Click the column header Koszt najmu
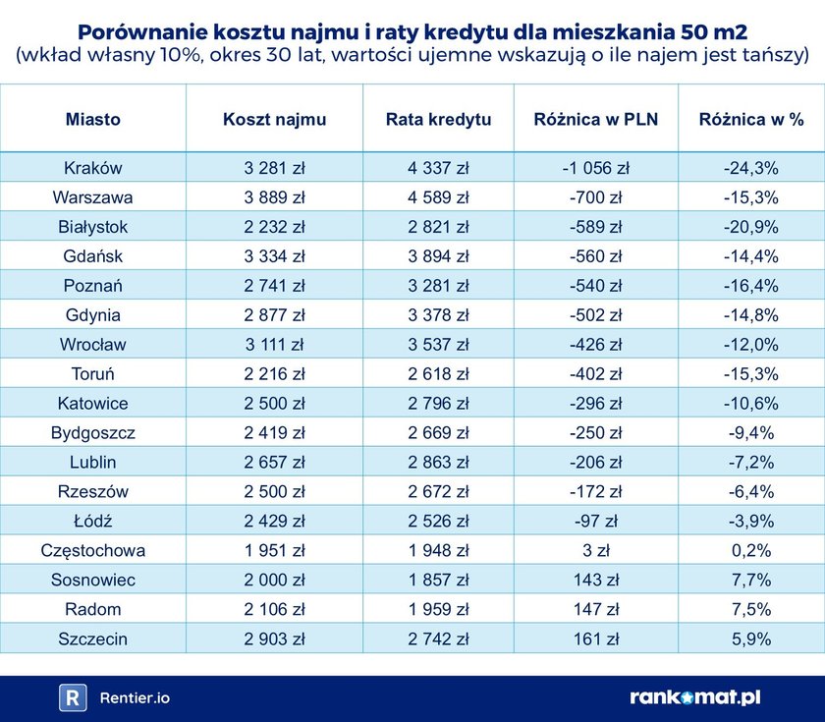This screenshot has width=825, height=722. [x=275, y=119]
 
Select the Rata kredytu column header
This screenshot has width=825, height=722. [x=439, y=119]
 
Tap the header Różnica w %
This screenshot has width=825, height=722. [x=751, y=119]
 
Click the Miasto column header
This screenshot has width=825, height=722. [x=93, y=119]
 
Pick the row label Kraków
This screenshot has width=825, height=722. [x=93, y=168]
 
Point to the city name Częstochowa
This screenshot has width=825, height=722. [x=93, y=550]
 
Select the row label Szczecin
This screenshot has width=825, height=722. [x=93, y=639]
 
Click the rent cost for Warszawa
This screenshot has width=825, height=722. [x=275, y=197]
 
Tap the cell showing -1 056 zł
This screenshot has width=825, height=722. [x=596, y=168]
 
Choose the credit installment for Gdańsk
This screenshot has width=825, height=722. [x=439, y=256]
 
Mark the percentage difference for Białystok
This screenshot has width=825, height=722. [x=751, y=227]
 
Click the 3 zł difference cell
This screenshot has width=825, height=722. [x=596, y=550]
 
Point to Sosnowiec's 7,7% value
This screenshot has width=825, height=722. [x=751, y=580]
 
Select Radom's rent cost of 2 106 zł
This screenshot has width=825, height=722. [x=275, y=609]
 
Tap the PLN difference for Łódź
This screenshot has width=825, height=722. [x=596, y=521]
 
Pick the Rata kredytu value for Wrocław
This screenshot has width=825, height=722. [x=439, y=345]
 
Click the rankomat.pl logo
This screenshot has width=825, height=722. [x=694, y=697]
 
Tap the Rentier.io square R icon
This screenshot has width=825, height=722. [x=73, y=697]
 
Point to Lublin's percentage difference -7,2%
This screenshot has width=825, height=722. [x=751, y=462]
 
